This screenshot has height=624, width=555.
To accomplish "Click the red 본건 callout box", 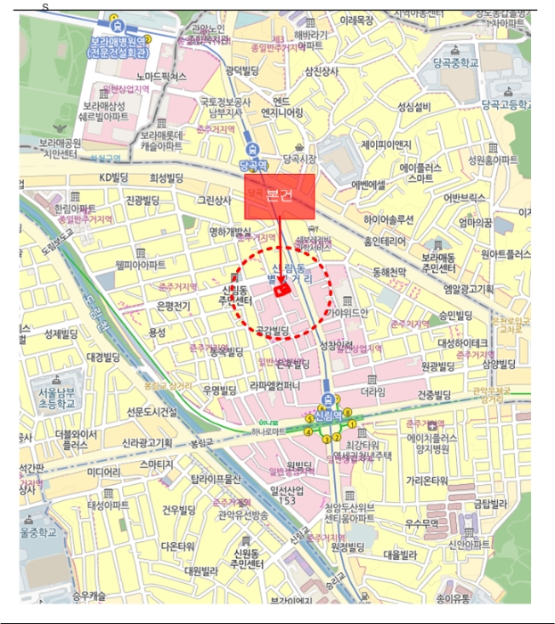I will [280, 197].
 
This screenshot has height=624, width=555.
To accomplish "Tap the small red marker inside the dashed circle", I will [281, 289].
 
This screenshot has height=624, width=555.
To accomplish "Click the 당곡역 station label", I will [254, 165].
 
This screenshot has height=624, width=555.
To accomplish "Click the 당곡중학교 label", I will [455, 63].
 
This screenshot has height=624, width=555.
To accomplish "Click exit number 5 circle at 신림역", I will [309, 417].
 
